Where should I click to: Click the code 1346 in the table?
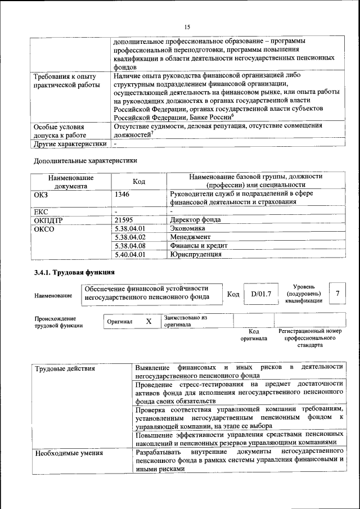tap(123, 194)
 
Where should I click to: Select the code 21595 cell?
tap(125, 220)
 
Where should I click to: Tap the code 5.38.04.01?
tap(130, 228)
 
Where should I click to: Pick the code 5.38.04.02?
tap(130, 237)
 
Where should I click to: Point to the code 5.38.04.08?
tap(130, 246)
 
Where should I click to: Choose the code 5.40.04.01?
tap(130, 254)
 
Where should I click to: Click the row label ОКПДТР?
tap(51, 220)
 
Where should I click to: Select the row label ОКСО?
tap(45, 228)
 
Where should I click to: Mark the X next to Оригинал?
tap(148, 321)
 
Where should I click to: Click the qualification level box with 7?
tap(337, 294)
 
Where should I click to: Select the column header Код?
tap(138, 181)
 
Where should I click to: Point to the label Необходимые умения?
tap(68, 453)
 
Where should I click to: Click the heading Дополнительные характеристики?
tap(85, 160)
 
